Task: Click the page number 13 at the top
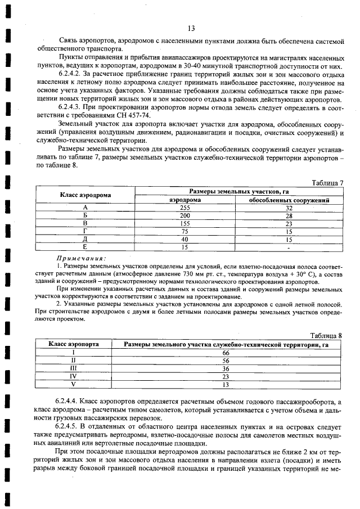[x=191, y=28]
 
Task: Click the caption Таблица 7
[x=327, y=183]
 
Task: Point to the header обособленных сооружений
[x=289, y=200]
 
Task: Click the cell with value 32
[x=289, y=208]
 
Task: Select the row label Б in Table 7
[x=85, y=215]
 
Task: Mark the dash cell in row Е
[x=289, y=246]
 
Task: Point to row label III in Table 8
[x=73, y=368]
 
